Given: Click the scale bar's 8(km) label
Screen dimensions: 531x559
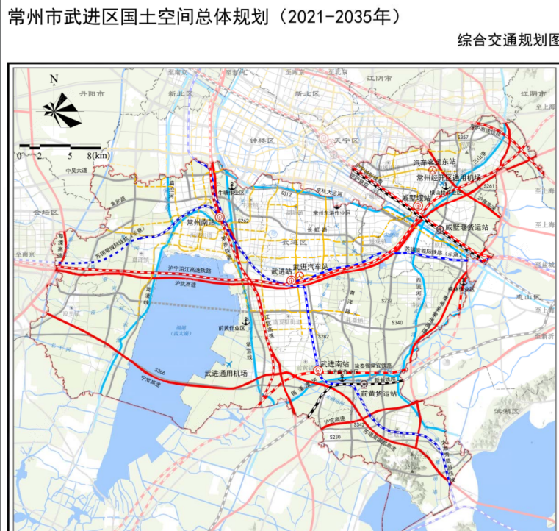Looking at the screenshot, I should pyautogui.click(x=98, y=156).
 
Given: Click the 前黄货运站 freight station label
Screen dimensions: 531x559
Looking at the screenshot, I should pyautogui.click(x=378, y=393).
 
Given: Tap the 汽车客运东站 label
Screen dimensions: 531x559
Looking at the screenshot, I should pyautogui.click(x=435, y=161).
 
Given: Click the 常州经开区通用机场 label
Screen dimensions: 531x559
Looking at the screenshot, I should pyautogui.click(x=448, y=177).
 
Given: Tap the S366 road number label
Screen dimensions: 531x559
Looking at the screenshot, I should pyautogui.click(x=161, y=373).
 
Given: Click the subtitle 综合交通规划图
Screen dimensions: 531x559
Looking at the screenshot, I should pyautogui.click(x=507, y=40).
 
